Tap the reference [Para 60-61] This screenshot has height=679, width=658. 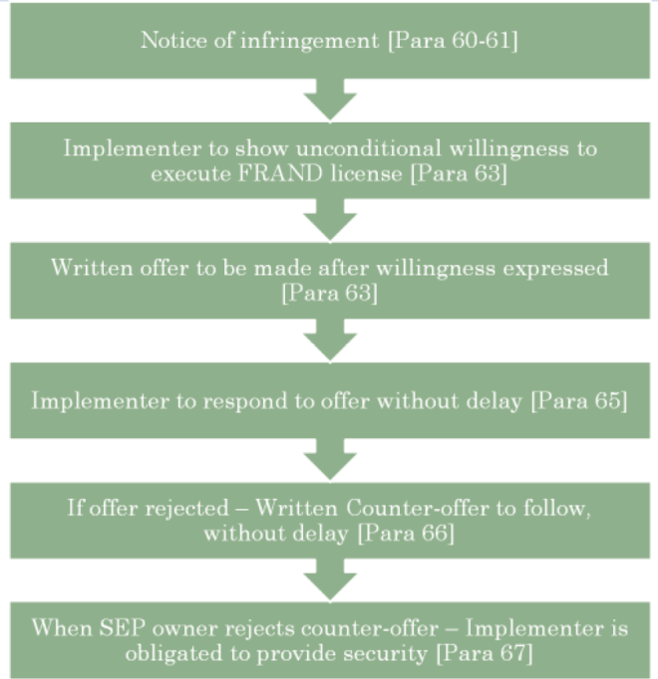453,41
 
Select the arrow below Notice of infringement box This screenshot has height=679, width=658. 330,100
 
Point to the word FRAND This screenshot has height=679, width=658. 280,174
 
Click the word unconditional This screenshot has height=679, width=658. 368,148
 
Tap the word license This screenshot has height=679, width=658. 366,174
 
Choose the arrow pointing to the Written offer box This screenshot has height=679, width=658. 330,220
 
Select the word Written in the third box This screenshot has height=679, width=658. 92,268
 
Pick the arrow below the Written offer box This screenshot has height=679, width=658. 330,340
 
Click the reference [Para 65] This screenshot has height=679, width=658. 579,401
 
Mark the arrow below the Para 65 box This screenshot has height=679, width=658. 330,460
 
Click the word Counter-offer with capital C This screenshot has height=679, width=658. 418,508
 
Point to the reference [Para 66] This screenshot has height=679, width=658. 406,534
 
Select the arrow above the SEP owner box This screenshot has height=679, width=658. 330,580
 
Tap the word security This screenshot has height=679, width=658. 385,654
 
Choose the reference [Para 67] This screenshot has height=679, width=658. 485,654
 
